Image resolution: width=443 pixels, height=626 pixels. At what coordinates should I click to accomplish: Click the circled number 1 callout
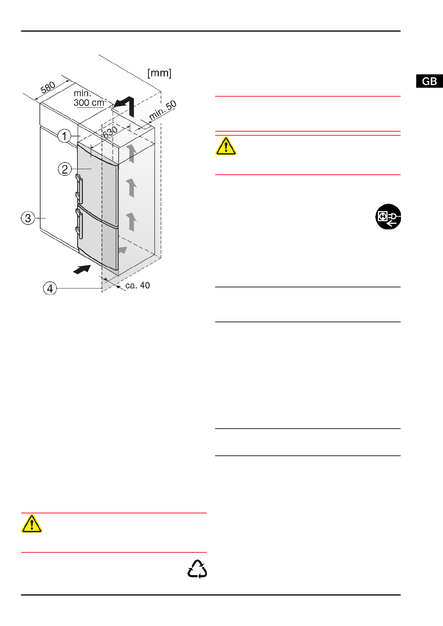click(65, 136)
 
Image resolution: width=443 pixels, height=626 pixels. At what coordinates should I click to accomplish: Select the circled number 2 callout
click(65, 169)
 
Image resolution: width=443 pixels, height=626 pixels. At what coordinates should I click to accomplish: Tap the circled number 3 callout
click(28, 218)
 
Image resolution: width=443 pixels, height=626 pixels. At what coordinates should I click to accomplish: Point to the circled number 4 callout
click(50, 288)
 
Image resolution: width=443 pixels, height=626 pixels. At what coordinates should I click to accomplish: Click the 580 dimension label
click(48, 88)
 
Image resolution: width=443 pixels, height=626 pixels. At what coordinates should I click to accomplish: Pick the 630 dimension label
click(110, 132)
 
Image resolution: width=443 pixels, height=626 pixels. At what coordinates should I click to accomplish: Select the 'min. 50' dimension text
click(163, 110)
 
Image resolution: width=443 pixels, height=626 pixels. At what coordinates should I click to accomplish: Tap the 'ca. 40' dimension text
click(138, 285)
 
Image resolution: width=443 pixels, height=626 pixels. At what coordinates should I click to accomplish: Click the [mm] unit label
click(159, 73)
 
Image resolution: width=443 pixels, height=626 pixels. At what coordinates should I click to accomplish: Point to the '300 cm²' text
click(90, 103)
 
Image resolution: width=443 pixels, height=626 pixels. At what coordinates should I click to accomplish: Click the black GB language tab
click(429, 81)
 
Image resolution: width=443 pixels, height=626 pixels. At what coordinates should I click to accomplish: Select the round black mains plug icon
click(388, 217)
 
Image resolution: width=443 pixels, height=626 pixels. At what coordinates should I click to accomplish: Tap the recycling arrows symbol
click(197, 569)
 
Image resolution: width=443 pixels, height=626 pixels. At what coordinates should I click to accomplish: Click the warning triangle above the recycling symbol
click(32, 524)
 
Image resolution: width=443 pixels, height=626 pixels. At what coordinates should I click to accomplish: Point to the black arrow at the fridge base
click(82, 269)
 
